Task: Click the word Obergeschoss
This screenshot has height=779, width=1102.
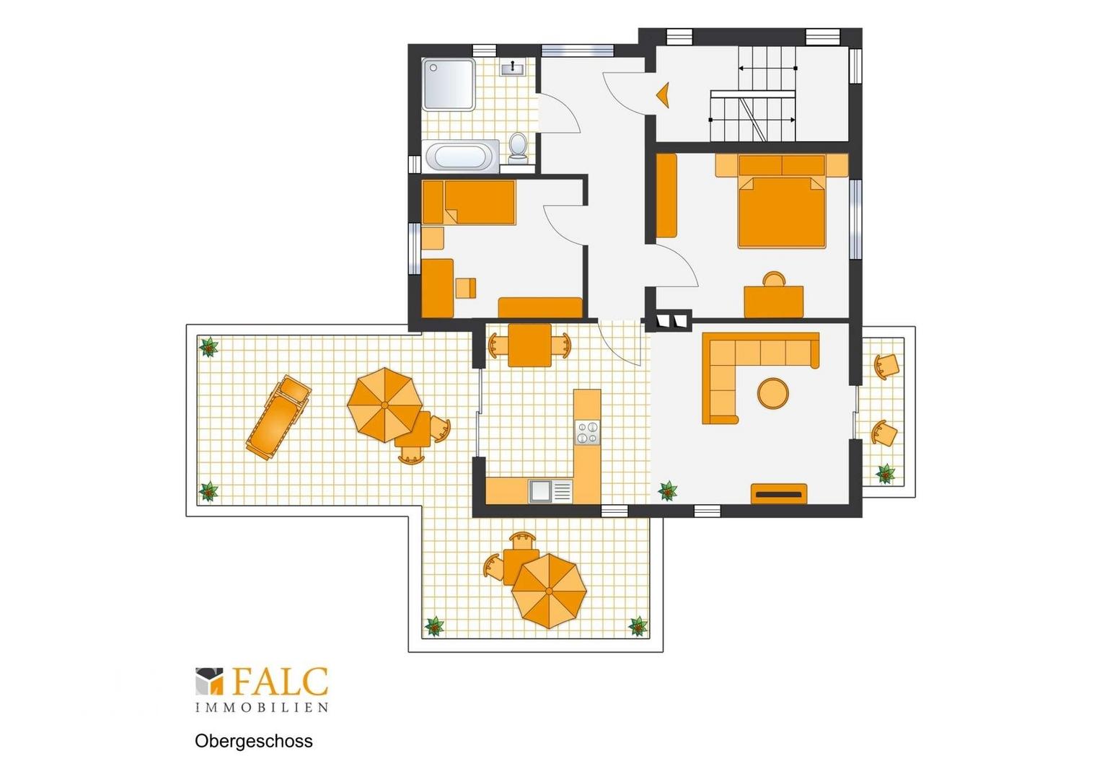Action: tap(253, 741)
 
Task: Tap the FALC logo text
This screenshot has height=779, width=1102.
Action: tap(279, 682)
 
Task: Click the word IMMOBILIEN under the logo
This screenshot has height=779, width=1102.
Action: tap(262, 708)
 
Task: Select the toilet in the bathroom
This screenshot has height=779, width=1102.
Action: tap(518, 146)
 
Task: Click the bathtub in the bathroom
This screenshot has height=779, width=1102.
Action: tap(460, 157)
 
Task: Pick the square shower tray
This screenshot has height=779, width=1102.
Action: tap(449, 84)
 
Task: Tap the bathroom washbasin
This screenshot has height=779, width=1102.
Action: tap(513, 68)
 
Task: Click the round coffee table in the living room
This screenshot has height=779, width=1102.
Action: tap(773, 392)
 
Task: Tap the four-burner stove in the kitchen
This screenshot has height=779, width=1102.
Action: tap(587, 433)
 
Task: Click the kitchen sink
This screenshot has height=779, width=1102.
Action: tap(550, 491)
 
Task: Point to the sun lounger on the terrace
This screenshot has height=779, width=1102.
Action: tap(279, 418)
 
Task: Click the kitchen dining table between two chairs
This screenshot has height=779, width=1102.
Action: tap(529, 345)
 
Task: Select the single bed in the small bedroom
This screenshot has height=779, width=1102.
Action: tap(469, 202)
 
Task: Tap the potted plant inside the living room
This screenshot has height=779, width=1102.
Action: tap(668, 490)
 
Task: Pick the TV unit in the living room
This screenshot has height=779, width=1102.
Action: tap(779, 493)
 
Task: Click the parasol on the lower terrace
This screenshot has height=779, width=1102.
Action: tap(549, 591)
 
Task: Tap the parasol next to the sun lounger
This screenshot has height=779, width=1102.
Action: tap(384, 405)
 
